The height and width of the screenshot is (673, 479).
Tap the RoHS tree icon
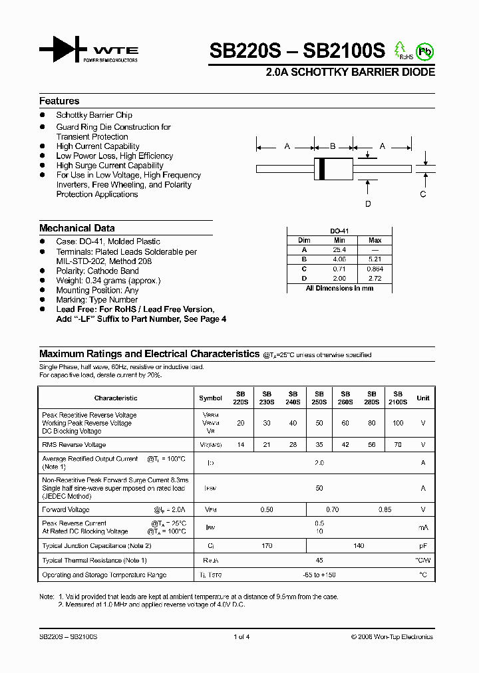coord(400,50)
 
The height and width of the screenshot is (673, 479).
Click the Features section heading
coord(59,101)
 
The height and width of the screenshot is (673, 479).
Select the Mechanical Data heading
coord(77,227)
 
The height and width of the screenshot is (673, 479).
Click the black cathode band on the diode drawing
coord(322,168)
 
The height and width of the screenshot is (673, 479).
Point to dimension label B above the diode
coord(333,146)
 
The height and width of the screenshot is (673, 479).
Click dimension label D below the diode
coord(368,204)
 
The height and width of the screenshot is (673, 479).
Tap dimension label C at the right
coord(422,194)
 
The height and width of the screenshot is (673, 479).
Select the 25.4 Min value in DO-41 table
coord(339,249)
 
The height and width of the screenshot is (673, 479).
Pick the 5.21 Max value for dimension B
coord(375,259)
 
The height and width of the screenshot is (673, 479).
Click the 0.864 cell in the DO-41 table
coord(375,269)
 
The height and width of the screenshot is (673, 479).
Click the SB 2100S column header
coord(398,398)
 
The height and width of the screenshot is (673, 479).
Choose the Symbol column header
coord(210,398)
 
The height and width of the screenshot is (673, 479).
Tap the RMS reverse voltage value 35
coord(319,444)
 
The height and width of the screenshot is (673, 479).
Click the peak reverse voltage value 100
coord(398,423)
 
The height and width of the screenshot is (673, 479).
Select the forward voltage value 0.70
coord(333,509)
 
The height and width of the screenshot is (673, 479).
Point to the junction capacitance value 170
coord(267,545)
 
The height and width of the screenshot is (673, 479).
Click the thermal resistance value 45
coord(319,561)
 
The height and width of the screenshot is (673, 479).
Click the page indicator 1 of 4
coord(241,636)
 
